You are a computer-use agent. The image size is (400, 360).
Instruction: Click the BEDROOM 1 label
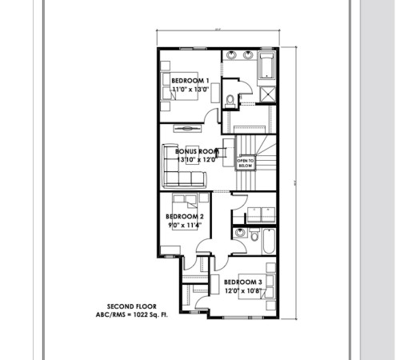click(x=191, y=81)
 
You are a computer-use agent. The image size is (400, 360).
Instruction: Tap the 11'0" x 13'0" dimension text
click(x=191, y=90)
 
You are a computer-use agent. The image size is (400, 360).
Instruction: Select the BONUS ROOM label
click(x=197, y=151)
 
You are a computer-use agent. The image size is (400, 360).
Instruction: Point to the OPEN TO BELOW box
click(x=245, y=163)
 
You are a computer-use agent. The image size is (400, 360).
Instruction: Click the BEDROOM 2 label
click(x=185, y=217)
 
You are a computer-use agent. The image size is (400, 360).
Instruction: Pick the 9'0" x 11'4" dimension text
click(x=185, y=226)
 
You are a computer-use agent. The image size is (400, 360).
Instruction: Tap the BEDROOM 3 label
click(x=243, y=282)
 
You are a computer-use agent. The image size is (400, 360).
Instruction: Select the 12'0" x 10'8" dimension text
click(x=243, y=291)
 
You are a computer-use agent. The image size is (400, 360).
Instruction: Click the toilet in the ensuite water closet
click(x=230, y=99)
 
